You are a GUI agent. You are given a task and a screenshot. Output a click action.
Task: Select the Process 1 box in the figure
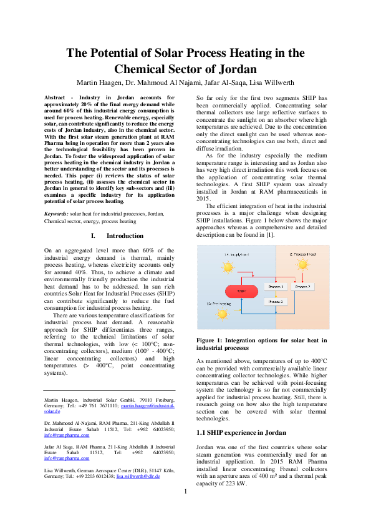(x=275, y=287)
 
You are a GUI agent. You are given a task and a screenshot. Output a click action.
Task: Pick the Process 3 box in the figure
(x=275, y=302)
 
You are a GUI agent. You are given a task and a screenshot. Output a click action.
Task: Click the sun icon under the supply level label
(x=228, y=268)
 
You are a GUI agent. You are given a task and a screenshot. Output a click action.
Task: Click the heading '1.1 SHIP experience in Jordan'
(x=241, y=432)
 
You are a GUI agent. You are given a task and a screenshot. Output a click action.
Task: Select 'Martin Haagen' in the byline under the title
(x=99, y=82)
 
